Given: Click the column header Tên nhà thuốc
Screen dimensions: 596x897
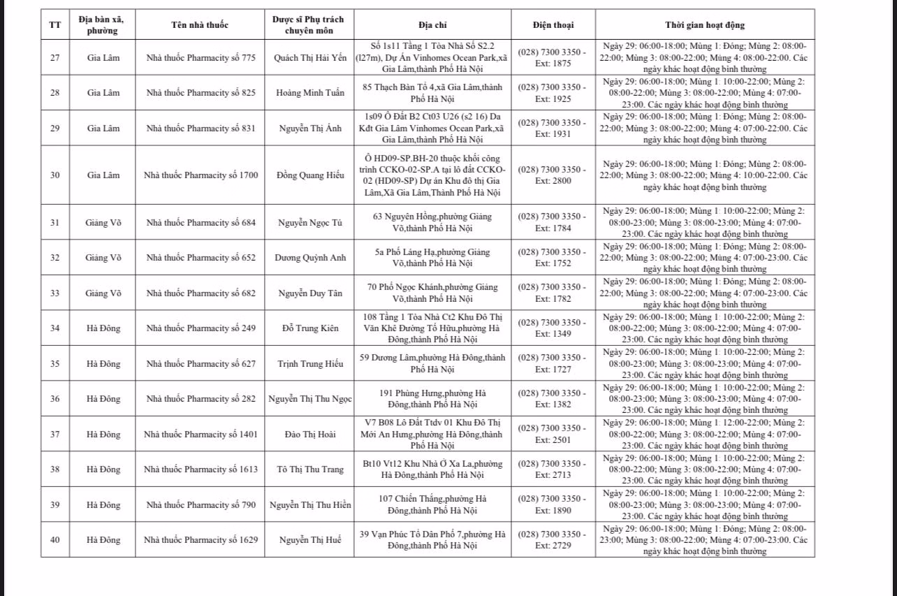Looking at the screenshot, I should [x=200, y=25].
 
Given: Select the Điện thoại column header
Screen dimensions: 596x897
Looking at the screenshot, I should [x=553, y=25].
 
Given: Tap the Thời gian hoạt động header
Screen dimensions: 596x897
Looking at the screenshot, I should [x=704, y=25].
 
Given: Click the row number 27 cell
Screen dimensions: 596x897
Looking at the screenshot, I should [x=55, y=57].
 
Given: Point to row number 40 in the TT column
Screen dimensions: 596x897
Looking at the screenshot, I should [x=55, y=539].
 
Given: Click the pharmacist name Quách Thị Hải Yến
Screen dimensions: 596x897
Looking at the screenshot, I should [x=310, y=57].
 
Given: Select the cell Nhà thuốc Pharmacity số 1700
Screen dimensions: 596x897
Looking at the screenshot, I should [x=200, y=175].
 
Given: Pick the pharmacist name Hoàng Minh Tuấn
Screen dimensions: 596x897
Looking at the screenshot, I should [x=310, y=93].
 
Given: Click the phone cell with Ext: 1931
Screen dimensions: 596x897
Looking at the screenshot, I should [x=553, y=129].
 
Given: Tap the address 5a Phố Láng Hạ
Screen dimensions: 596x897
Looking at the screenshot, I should [x=432, y=257].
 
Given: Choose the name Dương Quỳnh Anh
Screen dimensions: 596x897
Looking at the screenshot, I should [x=310, y=257].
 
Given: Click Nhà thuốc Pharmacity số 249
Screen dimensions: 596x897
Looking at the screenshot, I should [x=200, y=328].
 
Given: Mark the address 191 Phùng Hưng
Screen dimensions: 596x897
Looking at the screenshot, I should [x=432, y=398].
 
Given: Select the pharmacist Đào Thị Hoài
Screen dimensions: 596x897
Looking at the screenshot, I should [x=310, y=434].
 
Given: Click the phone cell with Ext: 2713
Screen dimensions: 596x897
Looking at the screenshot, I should [x=553, y=470].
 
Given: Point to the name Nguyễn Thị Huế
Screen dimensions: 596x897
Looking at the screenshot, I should [x=310, y=539].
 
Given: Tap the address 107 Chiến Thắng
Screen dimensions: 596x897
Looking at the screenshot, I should [x=432, y=504].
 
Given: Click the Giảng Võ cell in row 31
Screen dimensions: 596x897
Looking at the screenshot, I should [x=103, y=222].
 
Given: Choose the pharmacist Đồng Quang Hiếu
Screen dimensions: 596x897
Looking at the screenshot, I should [x=310, y=175].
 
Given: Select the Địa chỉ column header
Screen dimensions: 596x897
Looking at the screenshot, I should [x=432, y=25].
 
